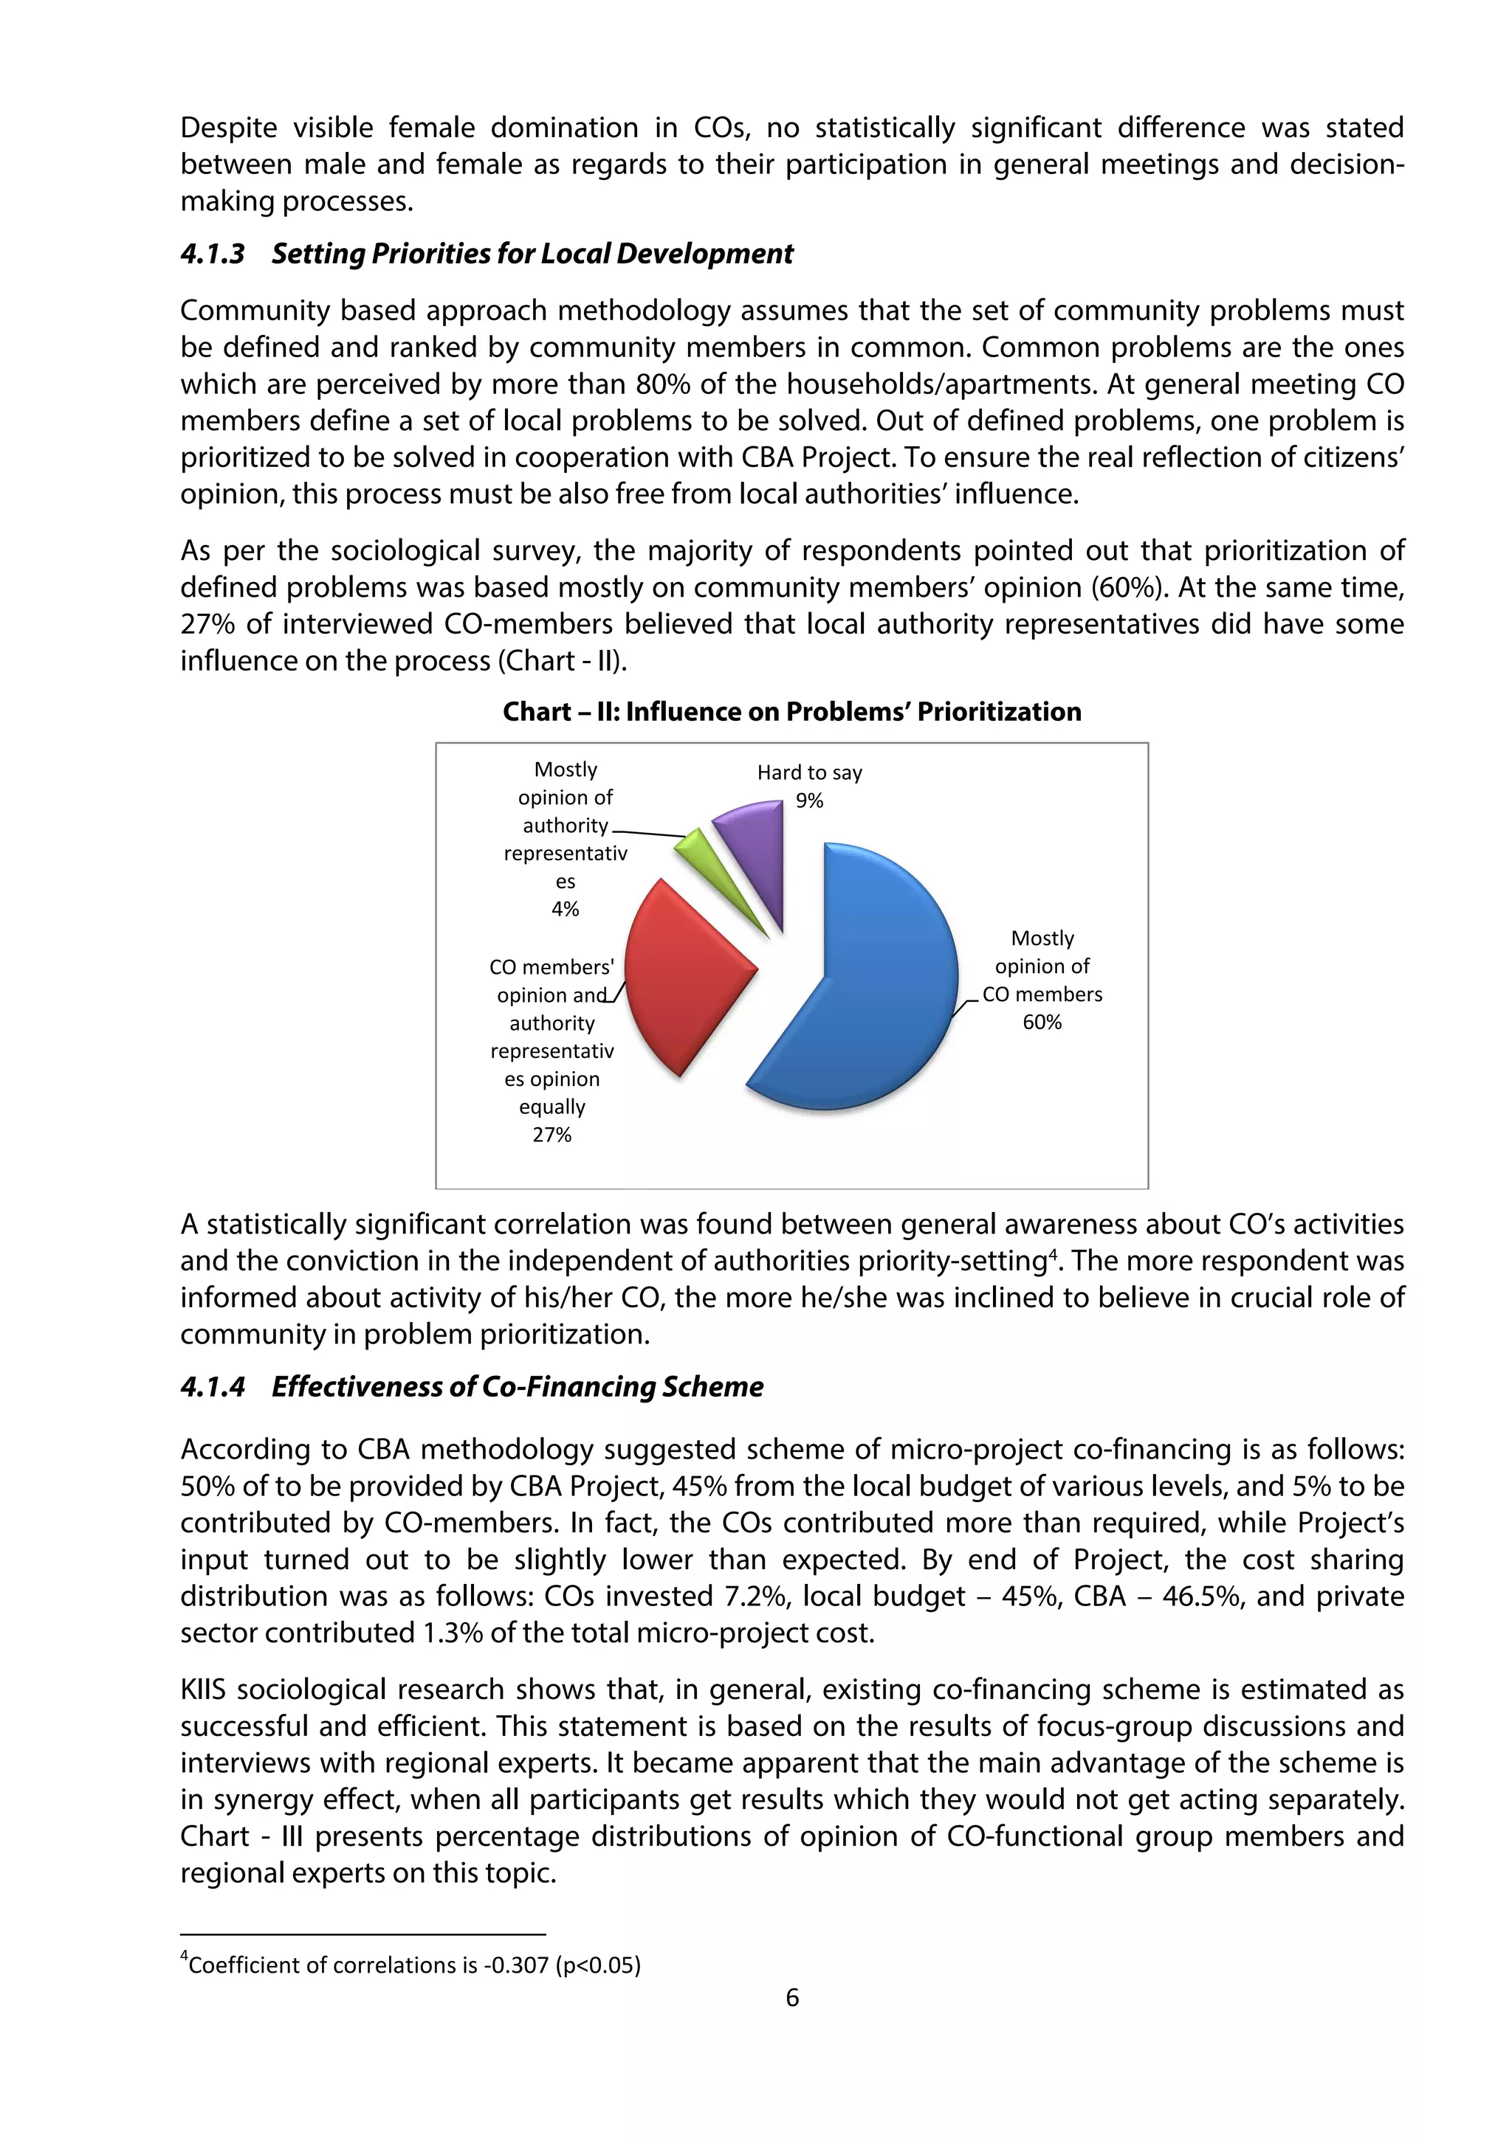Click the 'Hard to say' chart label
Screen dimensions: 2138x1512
tap(808, 772)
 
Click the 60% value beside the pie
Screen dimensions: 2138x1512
tap(1042, 1023)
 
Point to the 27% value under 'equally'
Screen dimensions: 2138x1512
tap(551, 1134)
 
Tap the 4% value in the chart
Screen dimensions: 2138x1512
tap(565, 909)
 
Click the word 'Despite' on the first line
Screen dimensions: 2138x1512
tap(231, 128)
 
